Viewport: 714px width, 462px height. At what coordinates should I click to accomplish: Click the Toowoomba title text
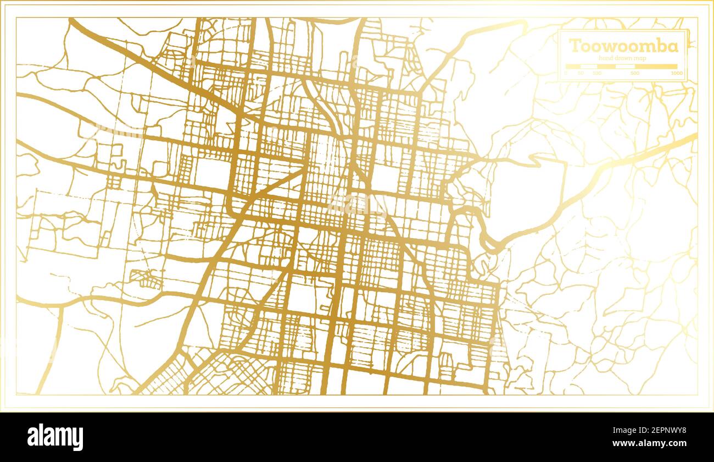point(623,46)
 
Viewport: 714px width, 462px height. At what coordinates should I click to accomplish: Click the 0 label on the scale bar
point(566,73)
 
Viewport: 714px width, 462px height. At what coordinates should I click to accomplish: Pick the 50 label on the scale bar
point(581,73)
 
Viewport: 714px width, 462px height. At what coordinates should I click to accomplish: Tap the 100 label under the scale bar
point(597,73)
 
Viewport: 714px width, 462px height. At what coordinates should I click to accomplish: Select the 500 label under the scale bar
point(635,73)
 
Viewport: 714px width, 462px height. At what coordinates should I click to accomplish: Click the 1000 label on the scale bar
point(676,73)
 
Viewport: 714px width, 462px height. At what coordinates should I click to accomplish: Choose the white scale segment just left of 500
point(625,67)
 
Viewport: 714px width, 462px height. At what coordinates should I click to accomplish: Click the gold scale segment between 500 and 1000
point(656,67)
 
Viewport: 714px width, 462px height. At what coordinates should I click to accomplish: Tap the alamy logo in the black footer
point(55,437)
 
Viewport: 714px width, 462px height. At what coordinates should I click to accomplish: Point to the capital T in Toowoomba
point(575,46)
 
